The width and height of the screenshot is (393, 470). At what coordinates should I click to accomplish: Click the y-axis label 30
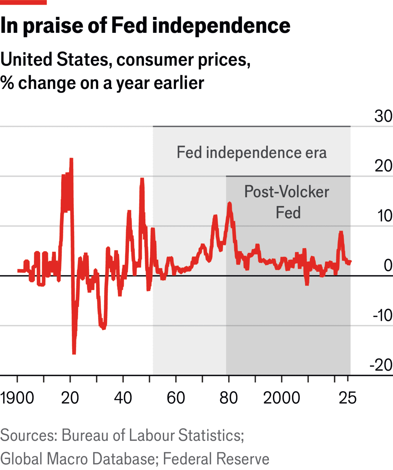click(383, 116)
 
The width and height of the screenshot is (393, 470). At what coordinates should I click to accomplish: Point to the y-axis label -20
click(381, 365)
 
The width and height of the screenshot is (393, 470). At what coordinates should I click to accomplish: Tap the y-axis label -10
click(383, 315)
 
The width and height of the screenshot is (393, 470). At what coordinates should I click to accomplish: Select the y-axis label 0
click(388, 265)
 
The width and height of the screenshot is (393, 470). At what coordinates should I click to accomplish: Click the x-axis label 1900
click(17, 398)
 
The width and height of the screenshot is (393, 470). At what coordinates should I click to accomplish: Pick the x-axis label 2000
click(282, 398)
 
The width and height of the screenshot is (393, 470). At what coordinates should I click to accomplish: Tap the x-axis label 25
click(348, 398)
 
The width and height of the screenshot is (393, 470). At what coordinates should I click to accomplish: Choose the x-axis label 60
click(176, 398)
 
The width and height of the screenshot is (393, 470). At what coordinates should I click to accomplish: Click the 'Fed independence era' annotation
click(251, 153)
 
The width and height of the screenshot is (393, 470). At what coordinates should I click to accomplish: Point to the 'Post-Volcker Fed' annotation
click(287, 202)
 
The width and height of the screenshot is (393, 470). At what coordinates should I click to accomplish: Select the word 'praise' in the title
click(53, 26)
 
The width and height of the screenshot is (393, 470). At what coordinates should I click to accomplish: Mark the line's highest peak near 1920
click(71, 159)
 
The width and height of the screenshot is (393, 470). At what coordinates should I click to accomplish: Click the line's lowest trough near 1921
click(74, 353)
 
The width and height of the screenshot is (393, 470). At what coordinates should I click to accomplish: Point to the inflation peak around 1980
click(229, 203)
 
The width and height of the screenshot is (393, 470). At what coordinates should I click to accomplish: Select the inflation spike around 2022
click(341, 232)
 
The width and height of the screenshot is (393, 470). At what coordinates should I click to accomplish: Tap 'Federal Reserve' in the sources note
click(216, 459)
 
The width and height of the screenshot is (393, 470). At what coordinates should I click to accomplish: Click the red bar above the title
click(23, 2)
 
